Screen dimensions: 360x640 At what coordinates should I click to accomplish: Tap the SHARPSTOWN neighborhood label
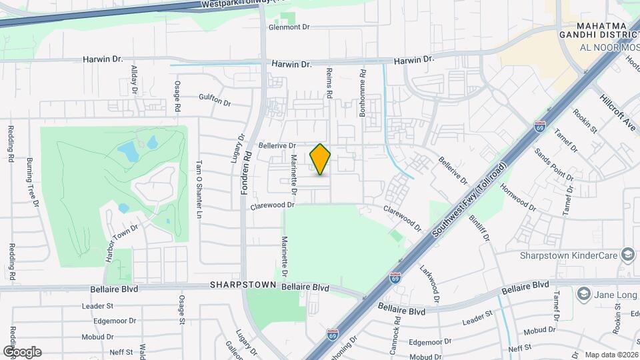[x=243, y=285]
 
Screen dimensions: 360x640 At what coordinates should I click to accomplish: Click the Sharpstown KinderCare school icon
[x=627, y=255]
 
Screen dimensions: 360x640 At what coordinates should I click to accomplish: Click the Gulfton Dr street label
[x=214, y=100]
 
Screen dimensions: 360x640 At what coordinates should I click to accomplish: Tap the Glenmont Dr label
[x=290, y=28]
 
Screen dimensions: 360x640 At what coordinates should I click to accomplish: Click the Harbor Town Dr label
[x=122, y=243]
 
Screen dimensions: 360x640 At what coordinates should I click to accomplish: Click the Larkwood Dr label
[x=431, y=283]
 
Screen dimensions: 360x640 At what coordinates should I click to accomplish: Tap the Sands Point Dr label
[x=554, y=163]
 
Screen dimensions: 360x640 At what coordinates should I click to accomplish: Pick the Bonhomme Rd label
[x=363, y=93]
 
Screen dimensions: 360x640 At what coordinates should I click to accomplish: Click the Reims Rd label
[x=329, y=83]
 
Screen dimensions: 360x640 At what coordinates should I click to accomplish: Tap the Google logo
[x=22, y=351]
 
